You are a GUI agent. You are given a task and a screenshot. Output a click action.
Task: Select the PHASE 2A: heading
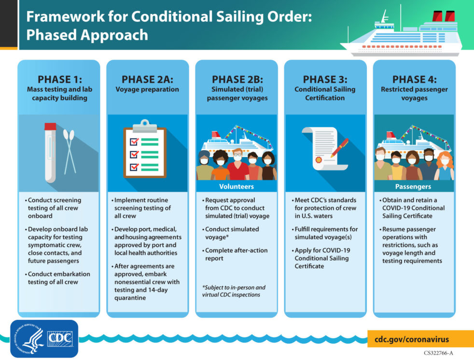(x=147, y=80)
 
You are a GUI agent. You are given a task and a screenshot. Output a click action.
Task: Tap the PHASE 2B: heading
(x=237, y=80)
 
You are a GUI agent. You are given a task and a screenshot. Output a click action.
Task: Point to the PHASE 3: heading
(x=325, y=80)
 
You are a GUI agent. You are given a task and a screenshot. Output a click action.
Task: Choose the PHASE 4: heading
(x=414, y=80)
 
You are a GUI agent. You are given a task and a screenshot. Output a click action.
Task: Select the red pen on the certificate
(x=340, y=147)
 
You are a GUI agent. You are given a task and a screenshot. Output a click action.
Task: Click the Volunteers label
(x=237, y=186)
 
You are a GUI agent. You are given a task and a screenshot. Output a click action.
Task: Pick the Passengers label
(x=414, y=186)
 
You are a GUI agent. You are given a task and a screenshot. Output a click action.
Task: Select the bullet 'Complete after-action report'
(x=236, y=254)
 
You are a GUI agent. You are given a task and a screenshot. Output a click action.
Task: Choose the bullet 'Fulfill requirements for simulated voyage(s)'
(x=325, y=233)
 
